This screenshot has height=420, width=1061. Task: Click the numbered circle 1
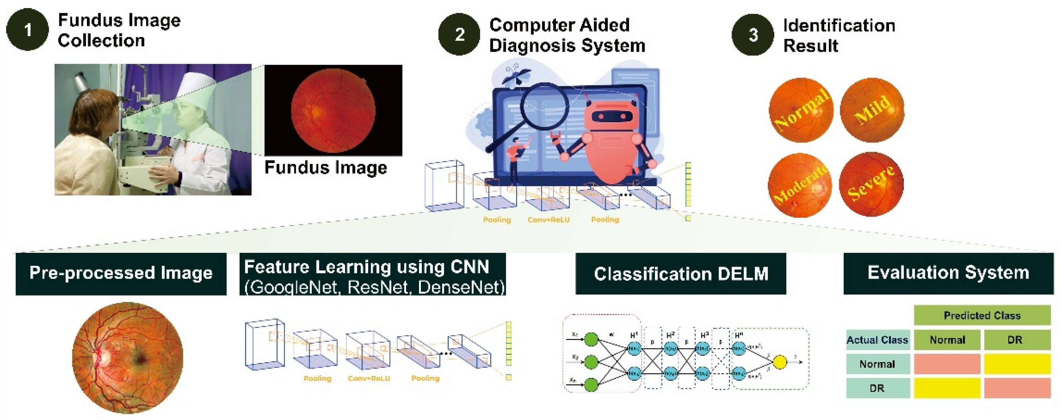(27, 30)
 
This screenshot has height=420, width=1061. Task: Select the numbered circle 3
(753, 35)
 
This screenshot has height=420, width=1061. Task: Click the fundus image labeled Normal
(801, 110)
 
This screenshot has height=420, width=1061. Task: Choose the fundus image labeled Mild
(872, 110)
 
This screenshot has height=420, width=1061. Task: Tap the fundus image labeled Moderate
(800, 185)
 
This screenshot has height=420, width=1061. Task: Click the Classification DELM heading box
(681, 274)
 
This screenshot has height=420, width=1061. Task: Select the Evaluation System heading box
(948, 273)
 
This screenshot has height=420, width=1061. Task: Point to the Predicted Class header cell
(982, 316)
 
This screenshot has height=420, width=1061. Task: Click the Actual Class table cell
(877, 340)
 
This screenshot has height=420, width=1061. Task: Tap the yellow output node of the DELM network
(780, 362)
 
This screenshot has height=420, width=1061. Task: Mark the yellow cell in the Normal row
(1017, 364)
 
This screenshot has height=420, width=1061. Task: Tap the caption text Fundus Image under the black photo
(326, 167)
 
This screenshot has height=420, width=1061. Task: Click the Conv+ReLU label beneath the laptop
(549, 220)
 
